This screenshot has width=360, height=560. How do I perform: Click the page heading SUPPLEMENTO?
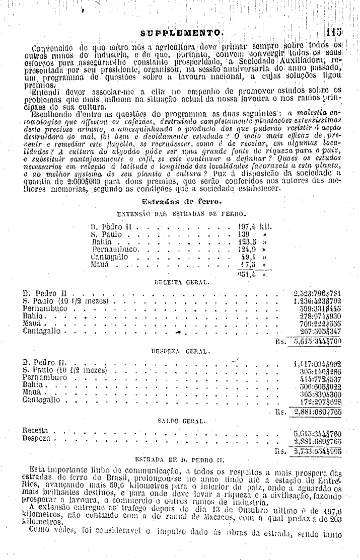[182, 34]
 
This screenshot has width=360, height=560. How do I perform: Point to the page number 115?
[335, 33]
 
